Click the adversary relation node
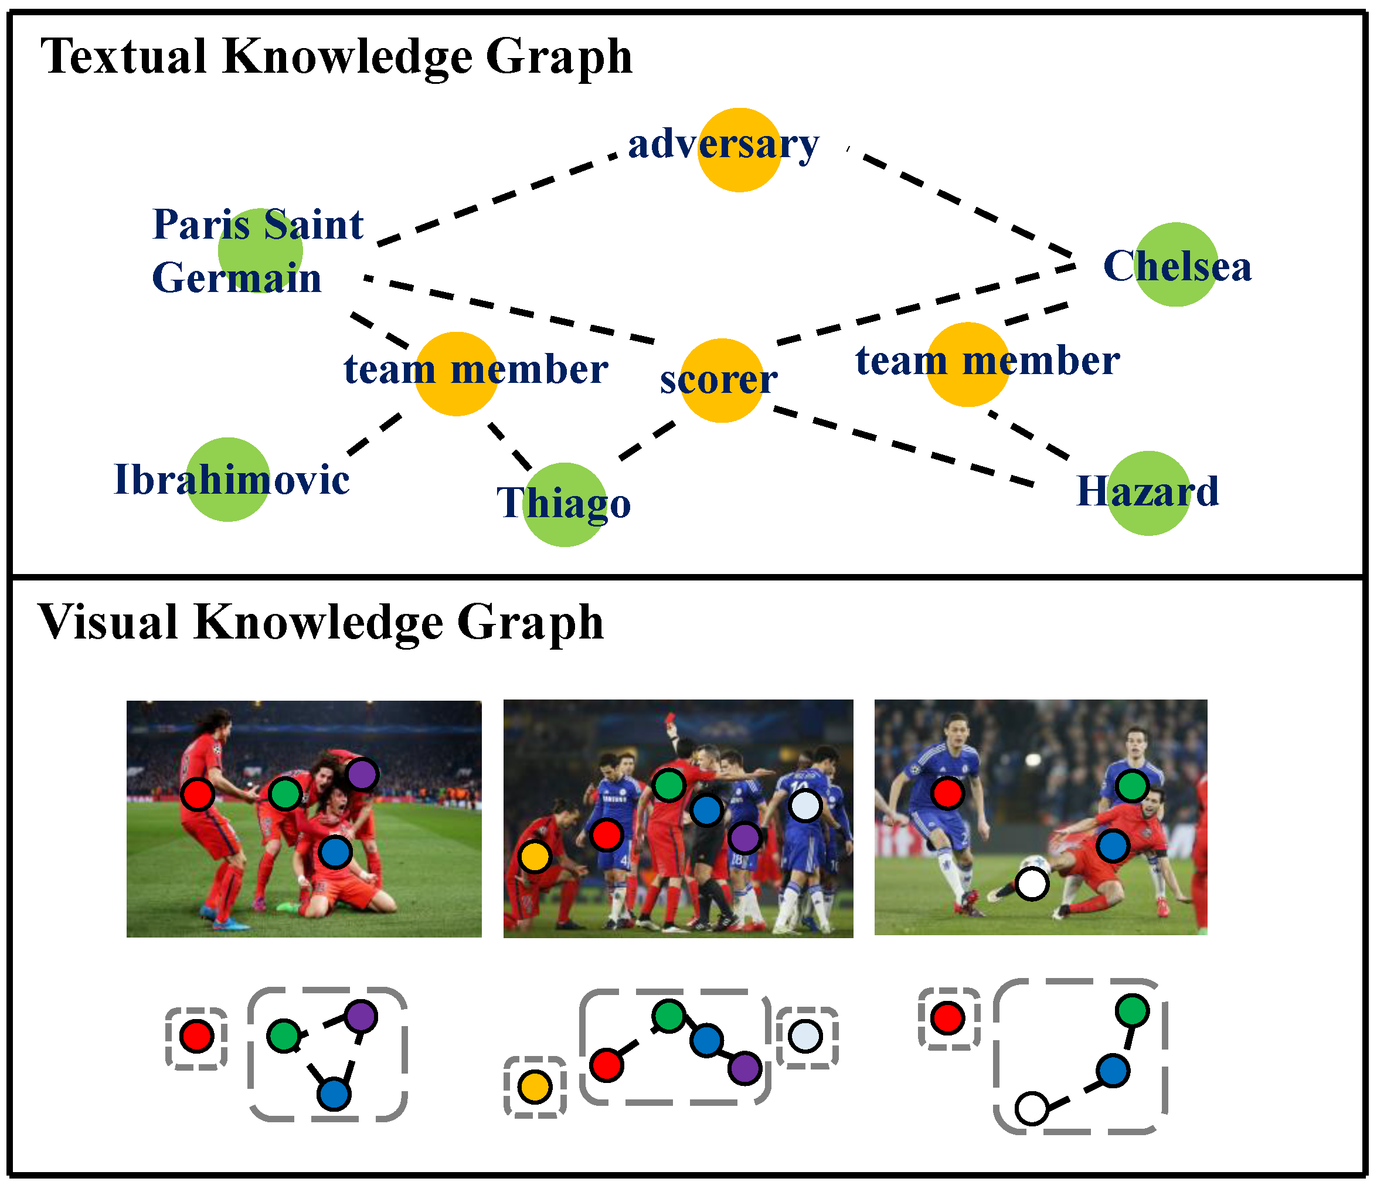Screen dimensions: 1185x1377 [739, 150]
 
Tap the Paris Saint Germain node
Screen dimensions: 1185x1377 [260, 250]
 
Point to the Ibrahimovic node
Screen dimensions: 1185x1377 [227, 479]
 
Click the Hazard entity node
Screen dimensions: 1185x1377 [1148, 493]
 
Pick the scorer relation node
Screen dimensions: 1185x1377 [721, 380]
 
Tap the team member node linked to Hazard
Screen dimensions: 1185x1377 [967, 364]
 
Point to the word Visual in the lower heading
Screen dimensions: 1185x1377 [108, 623]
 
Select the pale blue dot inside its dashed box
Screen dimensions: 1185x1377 [805, 1036]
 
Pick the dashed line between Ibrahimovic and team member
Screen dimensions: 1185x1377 [374, 435]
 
